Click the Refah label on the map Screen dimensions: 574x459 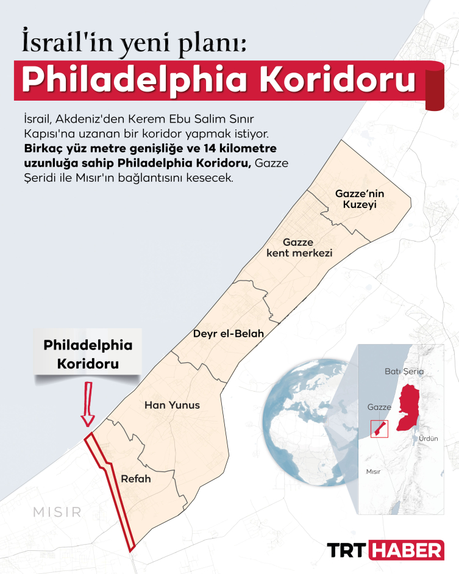click(136, 479)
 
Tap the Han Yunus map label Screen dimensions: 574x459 click(172, 405)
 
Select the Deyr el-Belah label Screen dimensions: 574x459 click(229, 334)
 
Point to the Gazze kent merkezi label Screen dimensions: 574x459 click(299, 247)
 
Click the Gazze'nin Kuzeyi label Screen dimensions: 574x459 click(360, 199)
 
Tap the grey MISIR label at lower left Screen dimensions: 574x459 click(58, 512)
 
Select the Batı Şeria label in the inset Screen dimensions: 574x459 click(404, 371)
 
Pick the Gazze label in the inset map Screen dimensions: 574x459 click(379, 407)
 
